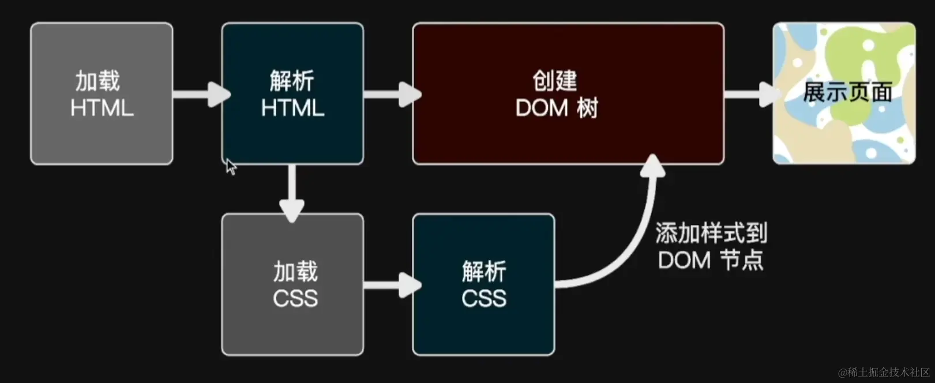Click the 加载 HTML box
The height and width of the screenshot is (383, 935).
pyautogui.click(x=102, y=93)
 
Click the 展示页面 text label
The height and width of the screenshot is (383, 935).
pyautogui.click(x=847, y=92)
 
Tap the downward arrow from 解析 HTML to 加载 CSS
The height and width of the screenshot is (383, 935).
pyautogui.click(x=292, y=193)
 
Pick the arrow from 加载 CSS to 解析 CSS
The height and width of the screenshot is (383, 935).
pyautogui.click(x=390, y=284)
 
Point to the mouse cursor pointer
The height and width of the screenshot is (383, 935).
pyautogui.click(x=230, y=166)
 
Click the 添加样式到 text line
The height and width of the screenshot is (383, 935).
pyautogui.click(x=711, y=234)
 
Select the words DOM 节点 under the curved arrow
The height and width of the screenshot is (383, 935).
pyautogui.click(x=711, y=260)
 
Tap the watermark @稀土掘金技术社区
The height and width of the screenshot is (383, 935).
pyautogui.click(x=883, y=372)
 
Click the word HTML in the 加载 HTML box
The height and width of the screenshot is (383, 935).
pyautogui.click(x=102, y=108)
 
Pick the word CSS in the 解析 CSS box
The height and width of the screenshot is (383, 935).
pyautogui.click(x=484, y=298)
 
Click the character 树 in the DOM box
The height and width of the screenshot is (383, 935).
pyautogui.click(x=587, y=108)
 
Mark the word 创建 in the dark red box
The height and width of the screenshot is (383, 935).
pyautogui.click(x=554, y=81)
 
